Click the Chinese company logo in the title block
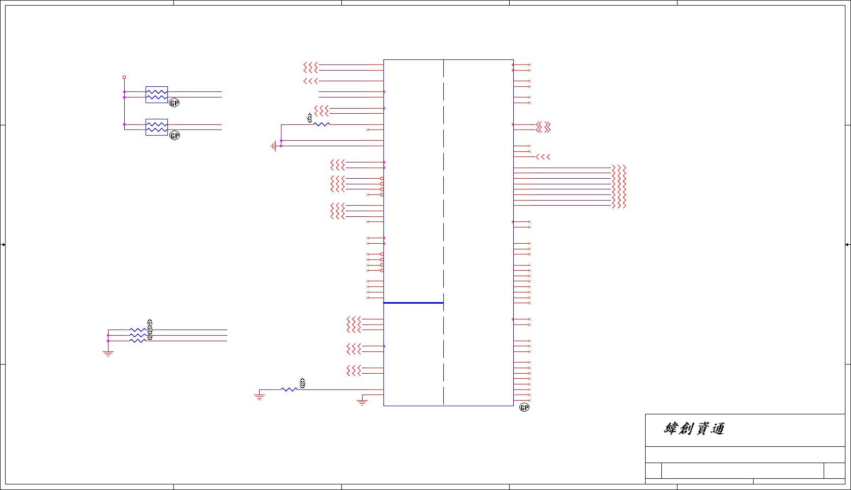(694, 429)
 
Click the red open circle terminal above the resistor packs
(124, 78)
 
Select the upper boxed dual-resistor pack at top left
(157, 94)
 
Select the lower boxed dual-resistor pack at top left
(157, 127)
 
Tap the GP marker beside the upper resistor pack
(174, 103)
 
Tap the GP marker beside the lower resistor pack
(175, 136)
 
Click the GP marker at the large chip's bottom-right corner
(524, 407)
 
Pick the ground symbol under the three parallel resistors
(108, 353)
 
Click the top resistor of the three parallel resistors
(137, 330)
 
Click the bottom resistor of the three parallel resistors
(137, 341)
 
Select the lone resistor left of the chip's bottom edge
(289, 389)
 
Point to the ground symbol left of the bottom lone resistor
(260, 396)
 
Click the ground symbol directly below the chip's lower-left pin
(362, 402)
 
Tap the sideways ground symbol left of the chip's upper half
(274, 146)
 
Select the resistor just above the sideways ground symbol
(322, 124)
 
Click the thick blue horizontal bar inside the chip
(413, 303)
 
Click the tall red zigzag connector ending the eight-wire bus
(619, 186)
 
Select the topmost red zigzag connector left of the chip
(310, 68)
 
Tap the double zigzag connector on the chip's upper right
(543, 127)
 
